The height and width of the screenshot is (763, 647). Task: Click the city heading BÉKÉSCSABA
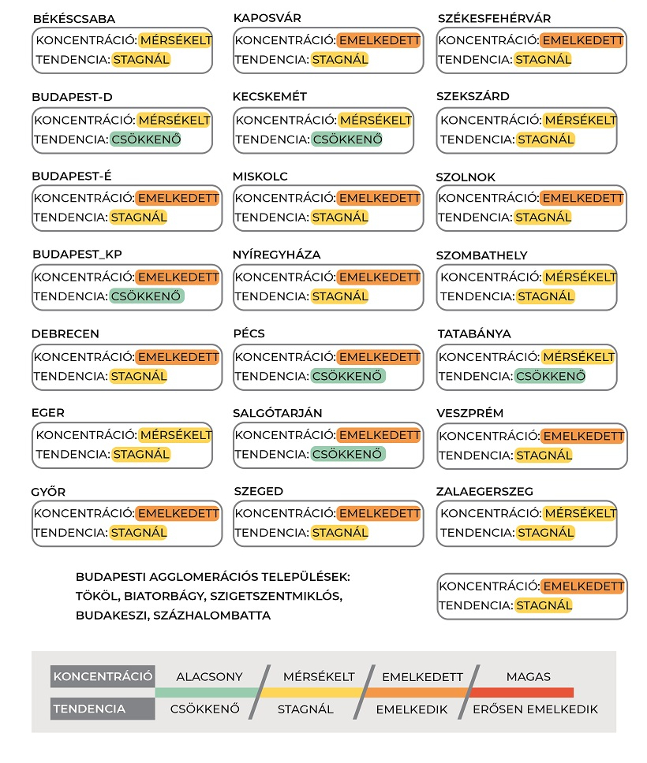[73, 19]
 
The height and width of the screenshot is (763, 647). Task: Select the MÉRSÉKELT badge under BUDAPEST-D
[174, 121]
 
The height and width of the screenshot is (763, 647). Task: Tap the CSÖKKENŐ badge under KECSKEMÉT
[348, 140]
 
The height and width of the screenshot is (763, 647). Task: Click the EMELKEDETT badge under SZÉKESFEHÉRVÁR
[582, 40]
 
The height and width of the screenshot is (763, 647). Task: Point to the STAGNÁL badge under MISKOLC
[339, 218]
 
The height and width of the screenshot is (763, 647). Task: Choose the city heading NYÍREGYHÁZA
[277, 255]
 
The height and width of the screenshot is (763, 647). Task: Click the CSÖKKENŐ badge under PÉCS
[348, 376]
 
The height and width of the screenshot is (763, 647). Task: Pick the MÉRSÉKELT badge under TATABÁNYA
[579, 357]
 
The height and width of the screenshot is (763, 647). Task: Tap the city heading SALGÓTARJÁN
[278, 413]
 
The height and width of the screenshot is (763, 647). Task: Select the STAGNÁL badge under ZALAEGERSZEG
[545, 533]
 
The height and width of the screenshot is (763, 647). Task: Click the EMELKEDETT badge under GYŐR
[178, 514]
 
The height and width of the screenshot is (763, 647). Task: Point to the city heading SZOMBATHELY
[482, 255]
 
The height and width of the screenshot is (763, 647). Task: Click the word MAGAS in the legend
[529, 677]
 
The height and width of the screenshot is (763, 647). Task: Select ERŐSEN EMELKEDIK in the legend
[535, 709]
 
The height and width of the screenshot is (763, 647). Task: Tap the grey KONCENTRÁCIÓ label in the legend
[103, 677]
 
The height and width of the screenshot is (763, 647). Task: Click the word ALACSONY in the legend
[209, 677]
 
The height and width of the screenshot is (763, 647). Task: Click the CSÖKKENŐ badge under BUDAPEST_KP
[146, 296]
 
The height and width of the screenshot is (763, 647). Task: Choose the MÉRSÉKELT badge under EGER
[175, 435]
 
